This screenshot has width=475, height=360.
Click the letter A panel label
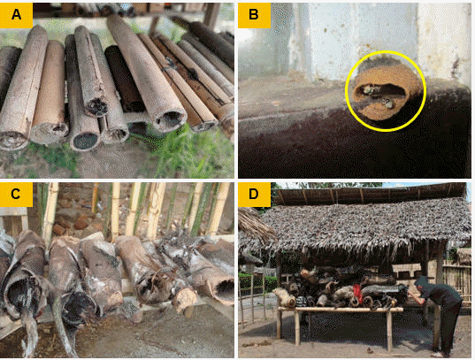pyautogui.click(x=16, y=14)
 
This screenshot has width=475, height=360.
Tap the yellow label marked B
pyautogui.click(x=254, y=14)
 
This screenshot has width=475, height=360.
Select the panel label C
pyautogui.click(x=16, y=194)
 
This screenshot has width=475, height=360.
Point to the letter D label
pyautogui.click(x=254, y=194)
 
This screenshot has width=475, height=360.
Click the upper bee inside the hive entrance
pyautogui.click(x=367, y=89)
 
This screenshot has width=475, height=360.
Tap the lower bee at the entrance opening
pyautogui.click(x=387, y=103)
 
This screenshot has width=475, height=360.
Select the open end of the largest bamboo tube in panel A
pyautogui.click(x=170, y=119)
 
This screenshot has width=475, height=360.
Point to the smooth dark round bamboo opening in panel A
pyautogui.click(x=86, y=141)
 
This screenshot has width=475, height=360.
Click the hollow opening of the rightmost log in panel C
pyautogui.click(x=225, y=287)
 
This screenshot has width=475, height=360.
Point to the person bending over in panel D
pyautogui.click(x=436, y=312)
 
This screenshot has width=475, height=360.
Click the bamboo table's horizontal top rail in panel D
pyautogui.click(x=341, y=310)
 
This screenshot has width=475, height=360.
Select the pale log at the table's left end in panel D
pyautogui.click(x=285, y=297)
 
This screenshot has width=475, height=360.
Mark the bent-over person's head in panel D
pyautogui.click(x=421, y=282)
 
